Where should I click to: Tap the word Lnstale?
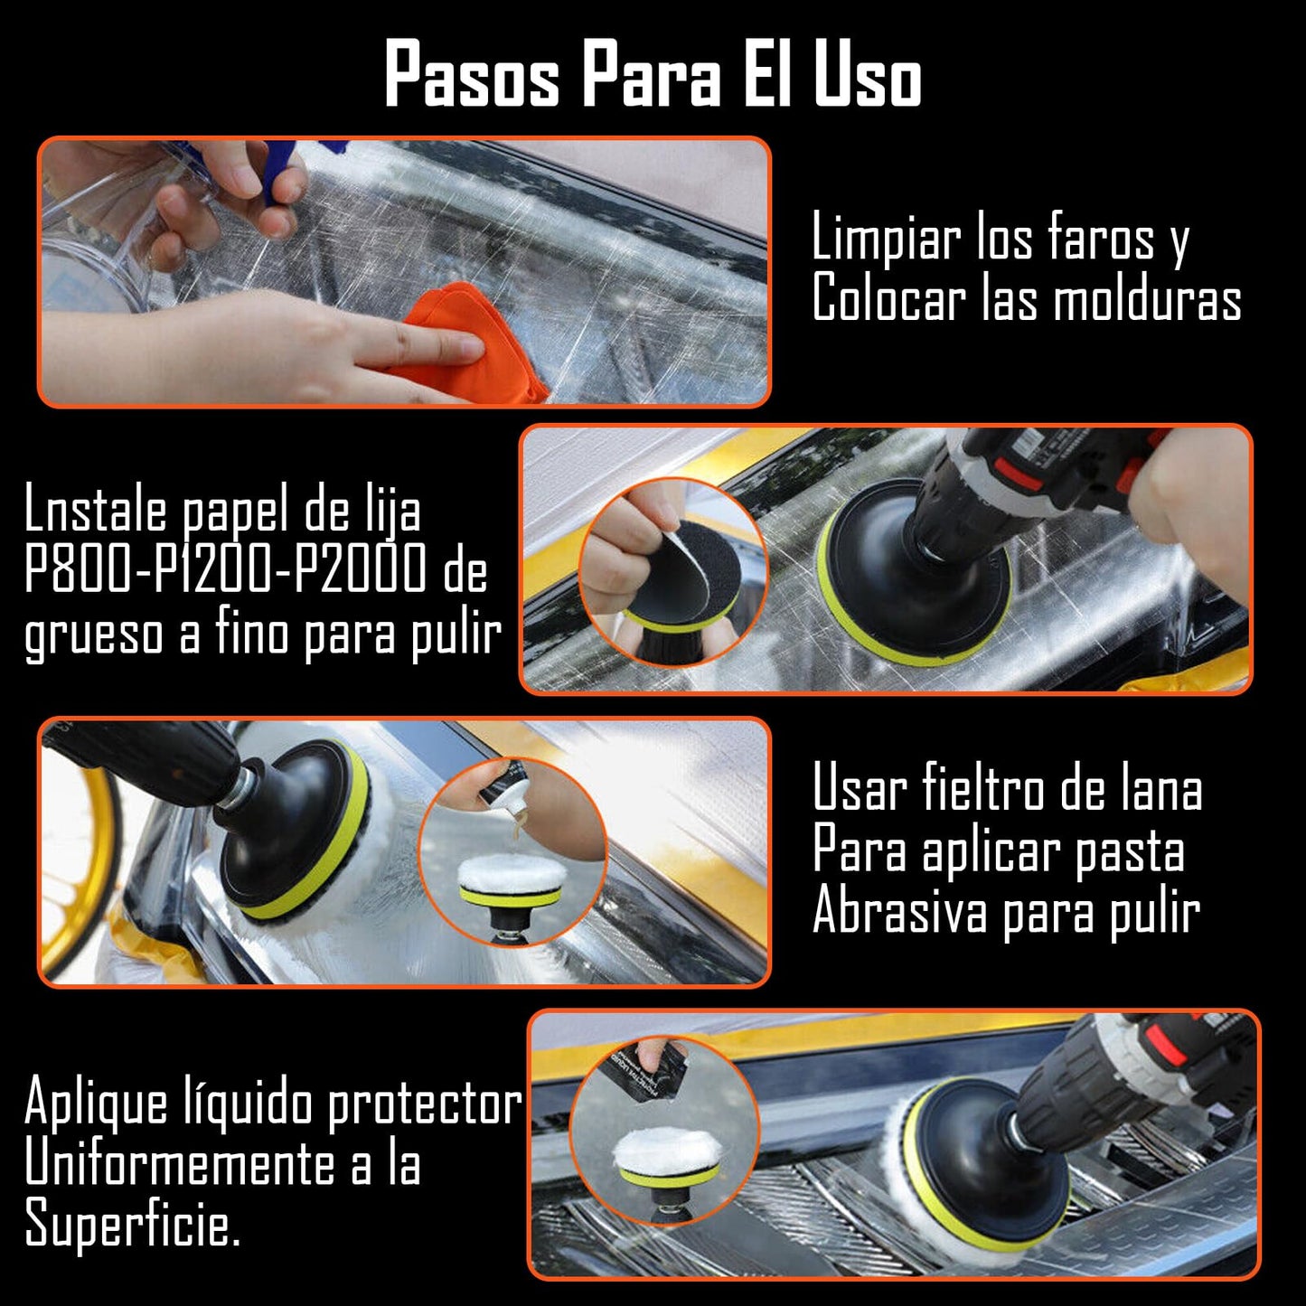(98, 511)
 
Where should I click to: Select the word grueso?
(93, 635)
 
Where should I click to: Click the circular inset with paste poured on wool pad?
(512, 852)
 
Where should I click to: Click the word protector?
(425, 1104)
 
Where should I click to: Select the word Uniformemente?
(181, 1164)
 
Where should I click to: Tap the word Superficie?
(132, 1225)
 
